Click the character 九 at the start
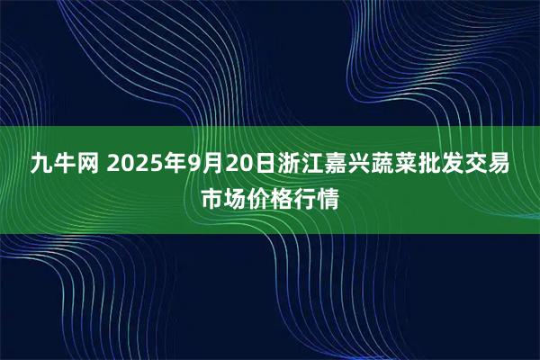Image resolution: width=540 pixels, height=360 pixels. [41, 165]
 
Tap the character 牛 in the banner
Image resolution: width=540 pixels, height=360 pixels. [67, 165]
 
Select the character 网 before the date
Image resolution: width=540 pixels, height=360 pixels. [93, 165]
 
